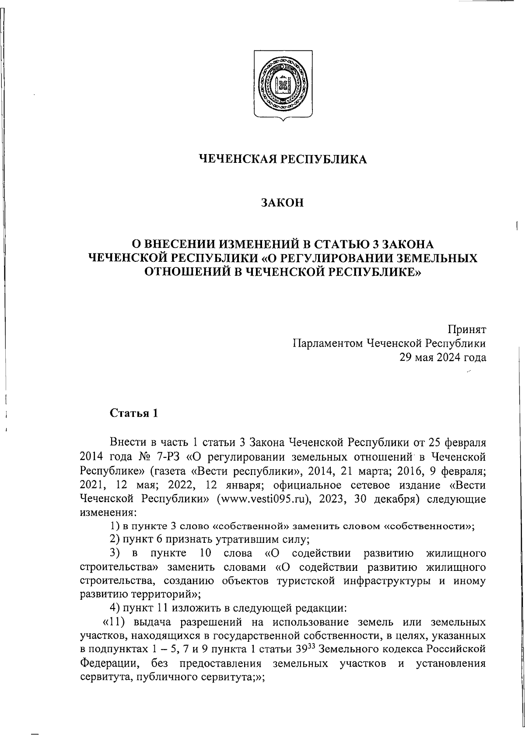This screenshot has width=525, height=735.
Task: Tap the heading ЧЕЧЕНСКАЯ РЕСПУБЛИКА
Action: tap(283, 159)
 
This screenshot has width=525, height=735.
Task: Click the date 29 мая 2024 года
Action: tap(442, 357)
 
